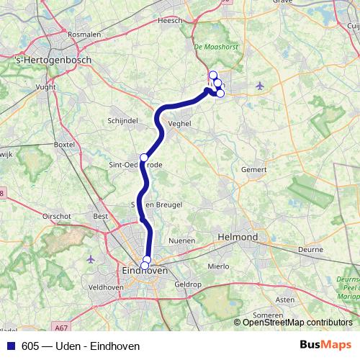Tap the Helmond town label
238,237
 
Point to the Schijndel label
122,120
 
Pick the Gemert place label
254,170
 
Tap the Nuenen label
181,240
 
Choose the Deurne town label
311,249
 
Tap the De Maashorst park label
212,48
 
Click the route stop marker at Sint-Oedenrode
144,157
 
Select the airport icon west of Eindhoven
91,258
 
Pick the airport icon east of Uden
259,86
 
